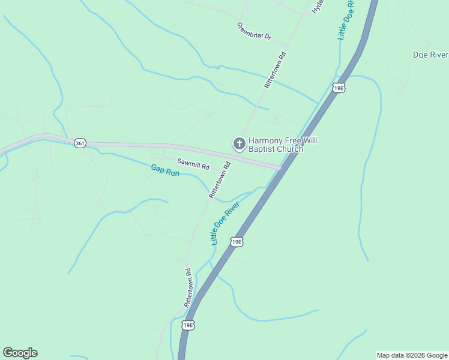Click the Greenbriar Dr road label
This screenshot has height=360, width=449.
[254, 32]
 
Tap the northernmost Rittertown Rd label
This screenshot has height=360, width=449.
[276, 70]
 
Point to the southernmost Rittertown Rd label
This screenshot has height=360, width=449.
[188, 288]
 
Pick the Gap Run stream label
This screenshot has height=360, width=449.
[164, 170]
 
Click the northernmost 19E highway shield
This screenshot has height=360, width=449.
[339, 88]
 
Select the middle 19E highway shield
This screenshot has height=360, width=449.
[237, 242]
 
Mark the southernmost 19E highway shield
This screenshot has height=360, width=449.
[188, 325]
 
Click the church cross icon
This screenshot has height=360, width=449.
[238, 143]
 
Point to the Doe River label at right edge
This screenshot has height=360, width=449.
[430, 55]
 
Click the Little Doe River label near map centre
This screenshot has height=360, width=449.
[225, 223]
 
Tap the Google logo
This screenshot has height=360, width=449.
[20, 353]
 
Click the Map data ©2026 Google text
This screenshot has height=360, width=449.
[412, 355]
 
